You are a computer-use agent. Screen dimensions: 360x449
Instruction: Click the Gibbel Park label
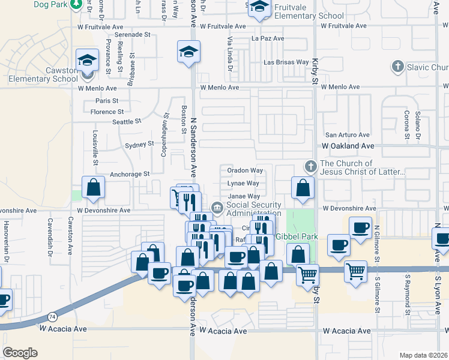297,238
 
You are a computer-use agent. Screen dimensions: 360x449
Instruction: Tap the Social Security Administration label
253,209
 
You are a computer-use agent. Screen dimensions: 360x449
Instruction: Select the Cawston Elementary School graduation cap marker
87,60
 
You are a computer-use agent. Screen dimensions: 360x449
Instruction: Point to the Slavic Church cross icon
397,67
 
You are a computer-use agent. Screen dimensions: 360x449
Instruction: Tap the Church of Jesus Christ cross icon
310,166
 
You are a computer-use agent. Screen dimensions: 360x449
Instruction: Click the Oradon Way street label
245,171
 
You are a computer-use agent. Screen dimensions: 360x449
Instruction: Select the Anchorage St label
129,174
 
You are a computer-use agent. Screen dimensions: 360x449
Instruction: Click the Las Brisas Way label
286,62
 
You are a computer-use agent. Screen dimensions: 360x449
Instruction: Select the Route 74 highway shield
53,316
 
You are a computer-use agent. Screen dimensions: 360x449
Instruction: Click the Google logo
20,352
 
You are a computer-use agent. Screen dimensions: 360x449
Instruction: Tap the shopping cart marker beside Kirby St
307,275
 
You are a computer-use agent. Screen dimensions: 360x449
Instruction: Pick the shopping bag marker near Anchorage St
94,188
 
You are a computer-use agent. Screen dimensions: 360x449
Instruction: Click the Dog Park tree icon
76,5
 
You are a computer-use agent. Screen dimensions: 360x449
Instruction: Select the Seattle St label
126,121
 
